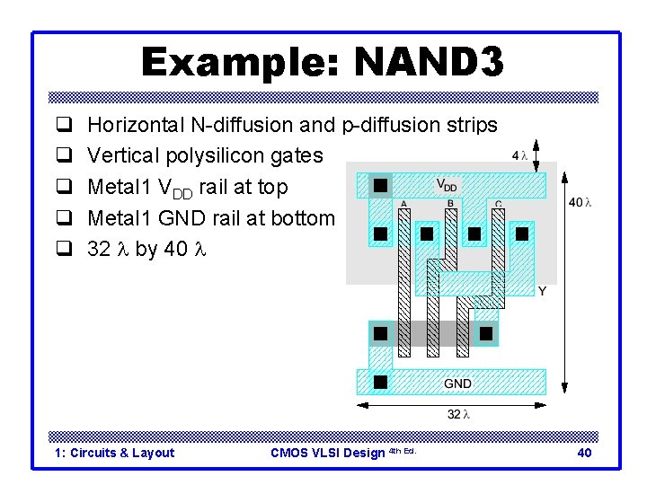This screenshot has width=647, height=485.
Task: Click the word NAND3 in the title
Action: pos(430,63)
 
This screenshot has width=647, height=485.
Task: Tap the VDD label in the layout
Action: pos(447,186)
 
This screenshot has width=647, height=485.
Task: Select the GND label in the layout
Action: pos(457,384)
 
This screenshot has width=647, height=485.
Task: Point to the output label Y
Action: pos(542,292)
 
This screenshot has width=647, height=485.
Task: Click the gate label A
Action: pos(403,204)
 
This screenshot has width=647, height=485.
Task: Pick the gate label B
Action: pos(450,204)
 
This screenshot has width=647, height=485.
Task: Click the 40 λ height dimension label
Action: pos(581,202)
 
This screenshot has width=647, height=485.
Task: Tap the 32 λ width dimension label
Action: pos(458,414)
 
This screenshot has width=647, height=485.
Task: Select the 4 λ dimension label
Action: pos(518,155)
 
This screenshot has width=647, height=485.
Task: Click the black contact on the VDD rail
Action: pos(380,185)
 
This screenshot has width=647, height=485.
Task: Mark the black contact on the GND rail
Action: pos(380,382)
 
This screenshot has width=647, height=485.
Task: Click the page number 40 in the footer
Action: pos(584,453)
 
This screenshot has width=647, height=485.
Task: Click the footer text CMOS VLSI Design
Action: pos(327,453)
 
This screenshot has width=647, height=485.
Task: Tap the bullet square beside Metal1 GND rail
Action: pos(64,218)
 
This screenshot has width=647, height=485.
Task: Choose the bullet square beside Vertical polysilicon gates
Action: pos(64,156)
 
